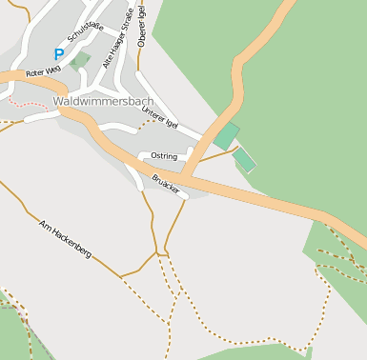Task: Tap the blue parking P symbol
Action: coord(59,55)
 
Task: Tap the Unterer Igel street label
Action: coord(159,118)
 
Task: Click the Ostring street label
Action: coord(164,155)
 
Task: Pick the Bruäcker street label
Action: coord(165,181)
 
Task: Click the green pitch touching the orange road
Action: coord(226,136)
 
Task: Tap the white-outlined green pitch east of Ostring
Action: coord(245,159)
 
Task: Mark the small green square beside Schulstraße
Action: coord(79,61)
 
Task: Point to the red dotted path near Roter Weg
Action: coord(21,99)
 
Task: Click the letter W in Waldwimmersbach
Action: coord(59,101)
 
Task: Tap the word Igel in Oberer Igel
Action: coord(141,12)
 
